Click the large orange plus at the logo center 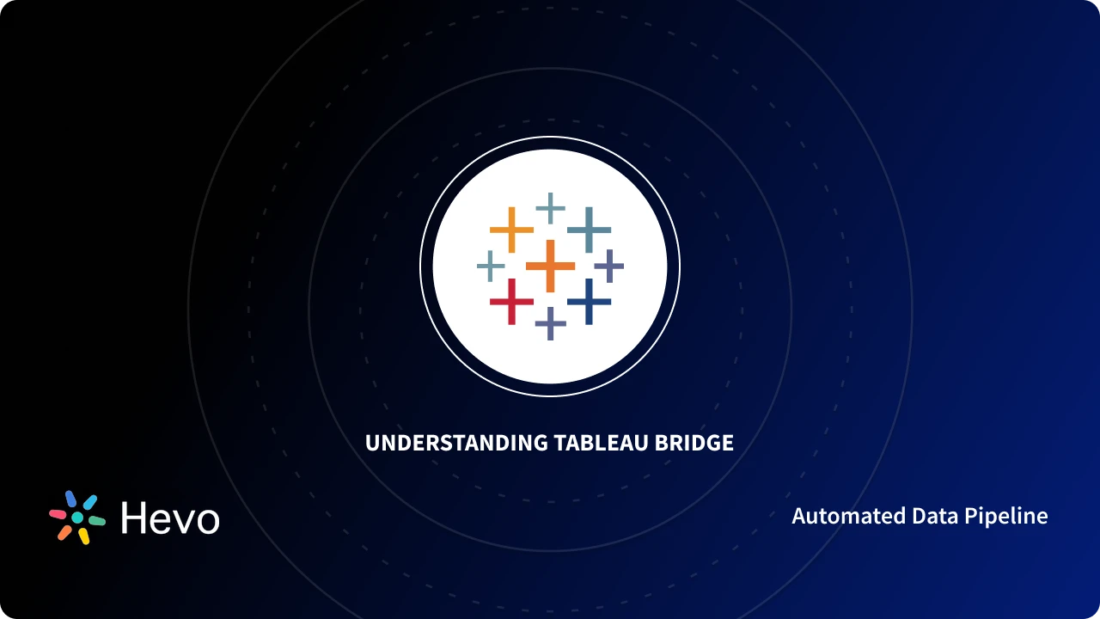click(x=550, y=266)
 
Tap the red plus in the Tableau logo click(x=511, y=301)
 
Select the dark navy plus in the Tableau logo click(x=589, y=301)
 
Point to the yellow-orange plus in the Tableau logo click(x=511, y=230)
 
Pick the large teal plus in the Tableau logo click(x=589, y=230)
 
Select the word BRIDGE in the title click(x=694, y=443)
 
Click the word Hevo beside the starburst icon click(x=170, y=518)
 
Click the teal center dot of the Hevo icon click(x=77, y=518)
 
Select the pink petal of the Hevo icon click(x=58, y=514)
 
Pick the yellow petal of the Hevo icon click(x=83, y=536)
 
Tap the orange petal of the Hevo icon click(x=64, y=532)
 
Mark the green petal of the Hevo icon click(x=96, y=521)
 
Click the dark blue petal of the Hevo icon click(x=71, y=499)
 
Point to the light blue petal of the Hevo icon click(x=90, y=502)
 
